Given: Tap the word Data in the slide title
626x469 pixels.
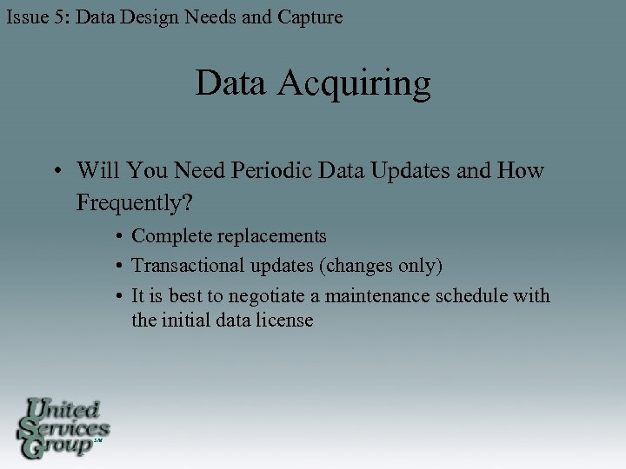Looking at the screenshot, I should (231, 83).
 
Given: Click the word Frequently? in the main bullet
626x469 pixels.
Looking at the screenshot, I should (135, 203).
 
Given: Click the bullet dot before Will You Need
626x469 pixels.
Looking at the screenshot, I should (56, 171).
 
